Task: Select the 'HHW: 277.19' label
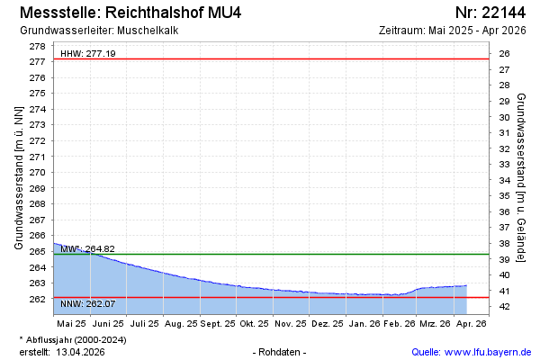(x=88, y=54)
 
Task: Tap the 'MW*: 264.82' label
(x=88, y=248)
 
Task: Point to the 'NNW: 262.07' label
(x=88, y=303)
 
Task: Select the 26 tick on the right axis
(x=504, y=54)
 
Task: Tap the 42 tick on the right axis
(x=504, y=307)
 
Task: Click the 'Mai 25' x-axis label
(x=71, y=322)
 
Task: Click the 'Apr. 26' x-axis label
(x=471, y=322)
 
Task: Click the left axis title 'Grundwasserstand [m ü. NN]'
(x=18, y=176)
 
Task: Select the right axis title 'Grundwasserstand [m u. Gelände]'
(x=523, y=176)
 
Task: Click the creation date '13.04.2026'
(x=81, y=352)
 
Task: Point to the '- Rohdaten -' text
(x=280, y=352)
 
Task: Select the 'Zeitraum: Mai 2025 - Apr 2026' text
(x=453, y=31)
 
